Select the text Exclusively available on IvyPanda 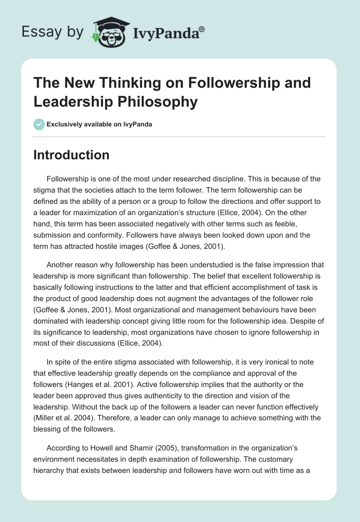coord(99,124)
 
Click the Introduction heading coord(72,155)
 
